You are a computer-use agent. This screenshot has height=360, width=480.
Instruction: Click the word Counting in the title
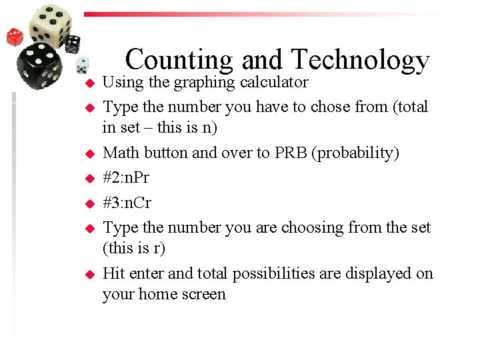(179, 60)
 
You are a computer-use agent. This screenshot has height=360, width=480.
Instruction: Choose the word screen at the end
(203, 294)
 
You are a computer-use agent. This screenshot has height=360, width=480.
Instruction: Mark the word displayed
(377, 273)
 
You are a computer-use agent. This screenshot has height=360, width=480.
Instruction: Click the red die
(15, 37)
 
